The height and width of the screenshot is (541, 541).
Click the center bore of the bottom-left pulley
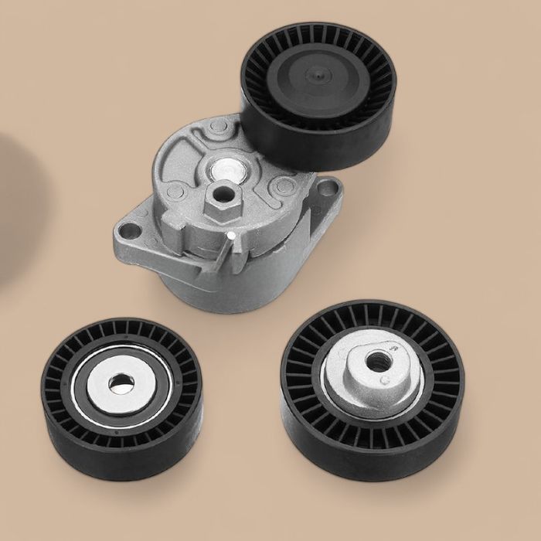(x=120, y=383)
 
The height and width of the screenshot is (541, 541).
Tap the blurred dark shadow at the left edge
(x=12, y=209)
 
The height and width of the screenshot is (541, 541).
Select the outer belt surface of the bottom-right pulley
(x=371, y=456)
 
